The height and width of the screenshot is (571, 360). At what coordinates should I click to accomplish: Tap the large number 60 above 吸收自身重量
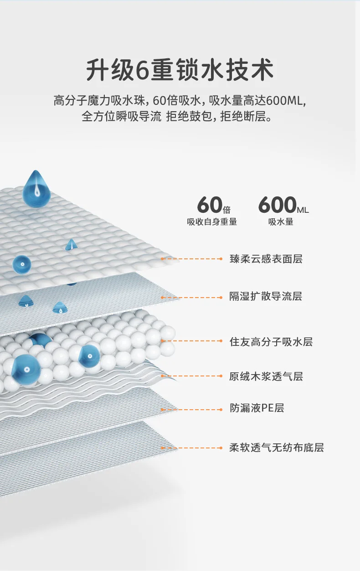[210, 205]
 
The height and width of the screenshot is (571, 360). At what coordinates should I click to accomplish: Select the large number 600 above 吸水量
[277, 205]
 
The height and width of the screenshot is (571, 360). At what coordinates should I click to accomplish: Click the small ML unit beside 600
[303, 210]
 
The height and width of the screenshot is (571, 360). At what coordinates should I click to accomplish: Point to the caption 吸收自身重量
[212, 222]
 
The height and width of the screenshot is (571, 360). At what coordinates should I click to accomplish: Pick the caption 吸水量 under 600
[281, 222]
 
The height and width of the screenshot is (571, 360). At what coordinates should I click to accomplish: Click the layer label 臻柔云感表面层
[266, 259]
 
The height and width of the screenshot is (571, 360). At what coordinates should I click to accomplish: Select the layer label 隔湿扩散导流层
[266, 297]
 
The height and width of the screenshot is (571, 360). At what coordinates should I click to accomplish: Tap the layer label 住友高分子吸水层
[271, 342]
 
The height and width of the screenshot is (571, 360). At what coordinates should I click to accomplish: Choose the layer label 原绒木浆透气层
[266, 376]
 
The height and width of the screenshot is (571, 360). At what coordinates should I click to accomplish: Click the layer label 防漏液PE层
[257, 408]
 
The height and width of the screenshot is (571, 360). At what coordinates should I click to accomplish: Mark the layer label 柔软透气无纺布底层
[277, 448]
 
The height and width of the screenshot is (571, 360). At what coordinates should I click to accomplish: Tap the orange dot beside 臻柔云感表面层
[221, 259]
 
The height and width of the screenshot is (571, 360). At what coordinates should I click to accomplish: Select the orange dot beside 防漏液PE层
[221, 409]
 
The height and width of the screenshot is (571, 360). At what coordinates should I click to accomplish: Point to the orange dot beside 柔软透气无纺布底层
[221, 448]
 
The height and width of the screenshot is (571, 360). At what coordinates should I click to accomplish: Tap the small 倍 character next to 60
[227, 210]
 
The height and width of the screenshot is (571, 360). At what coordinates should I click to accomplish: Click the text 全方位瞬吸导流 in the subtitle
[122, 117]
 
